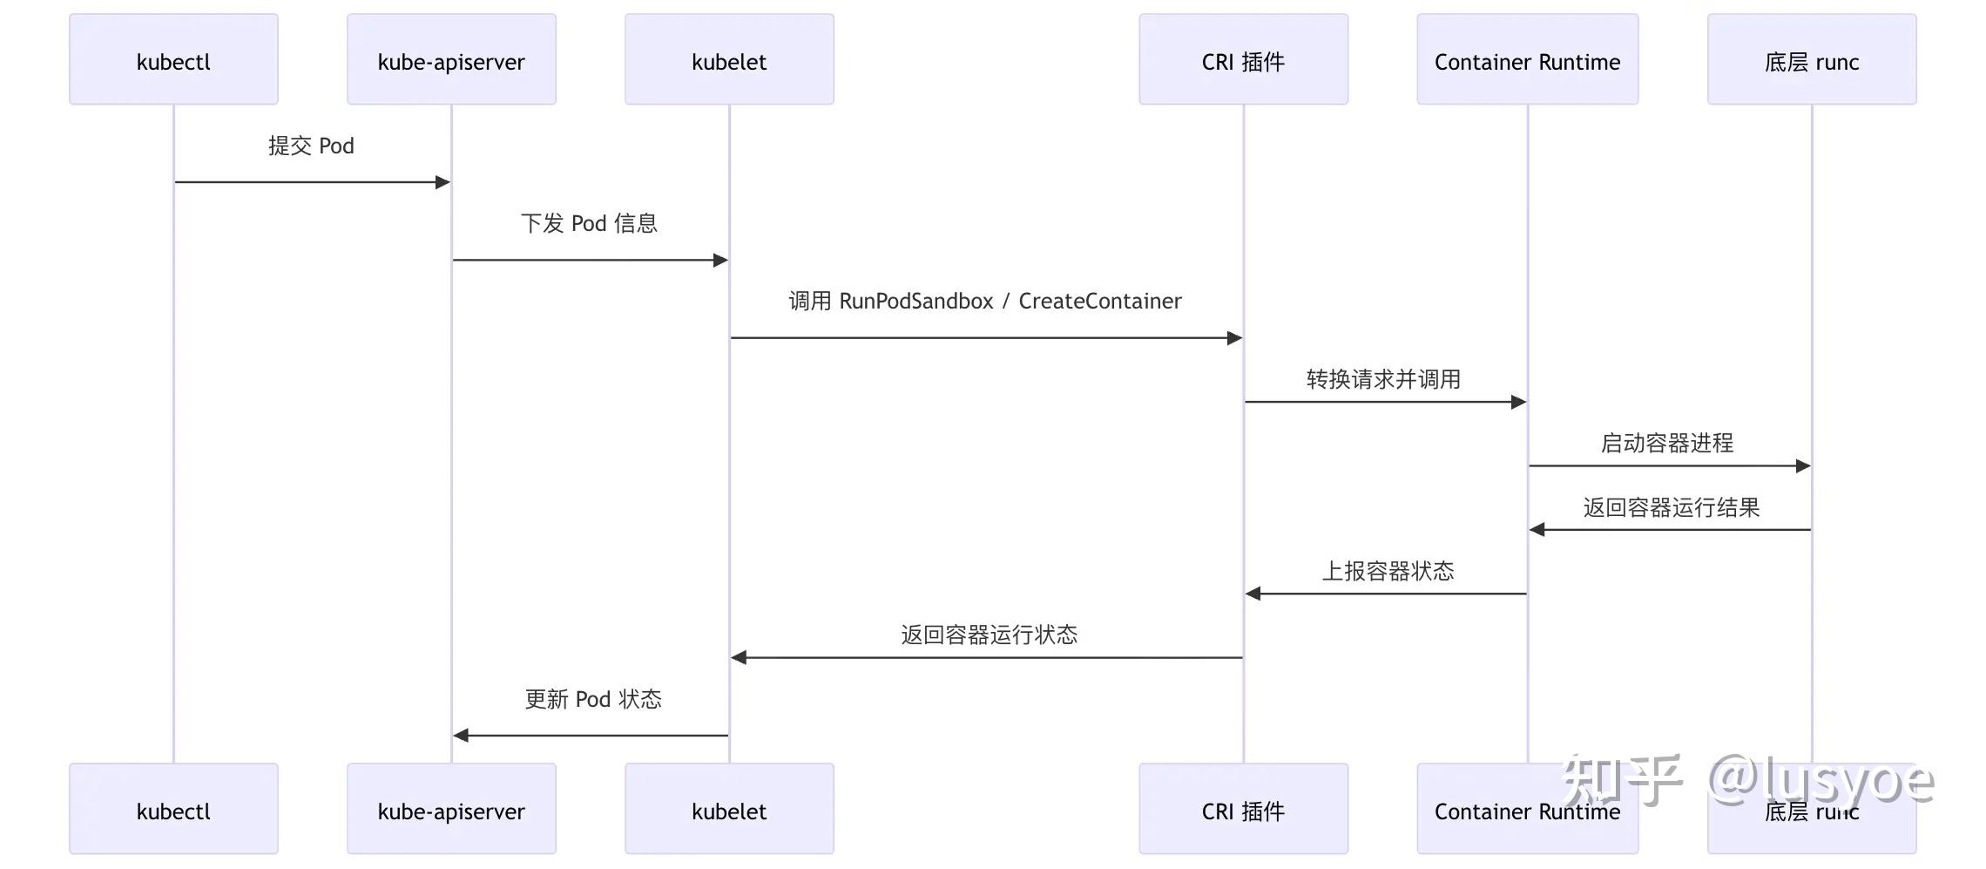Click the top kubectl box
point(173,59)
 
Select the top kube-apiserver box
point(451,59)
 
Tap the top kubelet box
point(729,59)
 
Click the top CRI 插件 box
point(1243,59)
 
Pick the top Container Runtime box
point(1527,59)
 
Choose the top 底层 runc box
point(1811,59)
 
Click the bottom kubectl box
point(173,809)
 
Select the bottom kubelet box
point(729,809)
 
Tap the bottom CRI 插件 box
point(1243,809)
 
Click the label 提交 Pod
point(311,146)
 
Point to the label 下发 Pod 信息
point(589,223)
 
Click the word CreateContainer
point(1099,301)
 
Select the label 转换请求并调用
point(1383,379)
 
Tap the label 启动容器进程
point(1666,443)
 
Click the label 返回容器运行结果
point(1671,507)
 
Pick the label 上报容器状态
point(1388,571)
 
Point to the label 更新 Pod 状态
point(592,699)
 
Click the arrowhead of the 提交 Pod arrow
point(443,182)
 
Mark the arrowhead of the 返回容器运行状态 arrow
point(739,657)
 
